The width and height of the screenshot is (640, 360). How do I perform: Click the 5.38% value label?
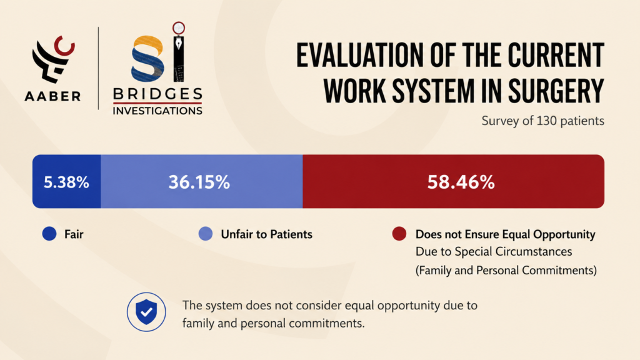(66, 182)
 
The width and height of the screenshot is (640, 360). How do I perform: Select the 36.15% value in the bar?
(199, 182)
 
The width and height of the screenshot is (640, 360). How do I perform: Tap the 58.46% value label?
(461, 182)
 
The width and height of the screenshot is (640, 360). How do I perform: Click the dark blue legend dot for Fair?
(49, 234)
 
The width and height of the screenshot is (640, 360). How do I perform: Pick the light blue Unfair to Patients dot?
(205, 234)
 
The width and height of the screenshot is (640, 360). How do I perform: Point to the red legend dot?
(399, 234)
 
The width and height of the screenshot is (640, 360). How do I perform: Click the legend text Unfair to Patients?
(266, 234)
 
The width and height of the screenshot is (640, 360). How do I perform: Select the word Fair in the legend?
(74, 234)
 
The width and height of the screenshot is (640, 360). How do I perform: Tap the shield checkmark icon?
(146, 312)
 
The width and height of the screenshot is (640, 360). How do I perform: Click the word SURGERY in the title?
(556, 91)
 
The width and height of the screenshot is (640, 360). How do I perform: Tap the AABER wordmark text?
(52, 96)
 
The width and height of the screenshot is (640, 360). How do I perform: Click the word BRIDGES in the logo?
(157, 94)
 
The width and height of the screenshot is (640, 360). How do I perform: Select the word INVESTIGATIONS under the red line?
(157, 111)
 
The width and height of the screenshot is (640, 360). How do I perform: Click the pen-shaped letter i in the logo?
(178, 52)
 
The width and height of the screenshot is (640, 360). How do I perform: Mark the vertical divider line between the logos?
(98, 68)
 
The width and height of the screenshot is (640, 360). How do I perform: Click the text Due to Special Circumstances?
(494, 252)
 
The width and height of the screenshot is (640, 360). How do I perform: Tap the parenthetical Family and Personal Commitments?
(506, 270)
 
